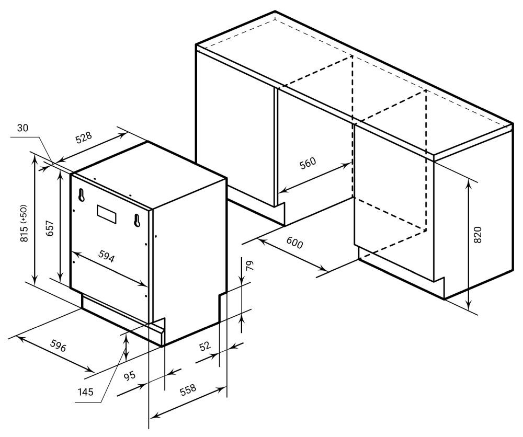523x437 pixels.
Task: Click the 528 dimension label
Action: point(83,137)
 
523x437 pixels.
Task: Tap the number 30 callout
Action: point(23,128)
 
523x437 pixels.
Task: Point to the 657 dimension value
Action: point(49,228)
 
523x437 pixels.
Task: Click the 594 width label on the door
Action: point(106,256)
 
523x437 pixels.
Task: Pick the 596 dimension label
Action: point(59,346)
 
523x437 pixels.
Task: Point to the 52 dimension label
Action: point(205,346)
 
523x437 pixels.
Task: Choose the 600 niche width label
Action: point(294,244)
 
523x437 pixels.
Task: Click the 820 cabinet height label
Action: point(477,235)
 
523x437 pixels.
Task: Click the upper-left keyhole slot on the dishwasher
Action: point(81,195)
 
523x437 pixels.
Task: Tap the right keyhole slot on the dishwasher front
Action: point(137,221)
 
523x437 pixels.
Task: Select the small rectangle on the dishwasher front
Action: point(107,214)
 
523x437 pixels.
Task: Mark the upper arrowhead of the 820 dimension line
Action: point(469,183)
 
